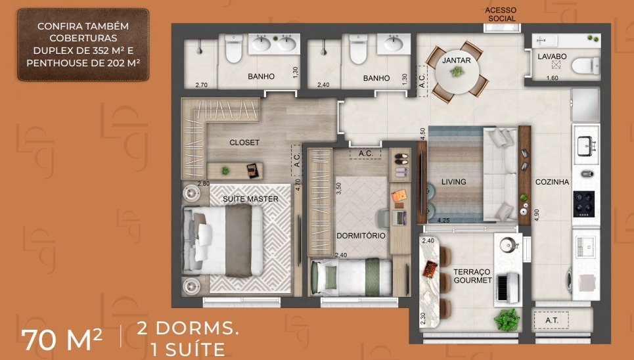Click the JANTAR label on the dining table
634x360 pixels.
tap(457, 60)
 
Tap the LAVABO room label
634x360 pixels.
tap(552, 56)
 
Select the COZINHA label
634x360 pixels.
tap(552, 182)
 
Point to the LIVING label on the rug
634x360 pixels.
tap(454, 182)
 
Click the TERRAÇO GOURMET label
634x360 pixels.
tap(472, 276)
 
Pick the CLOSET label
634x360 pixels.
tap(244, 143)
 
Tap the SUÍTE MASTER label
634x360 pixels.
tap(251, 199)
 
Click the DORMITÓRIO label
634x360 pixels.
tap(361, 235)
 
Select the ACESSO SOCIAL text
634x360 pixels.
tap(501, 14)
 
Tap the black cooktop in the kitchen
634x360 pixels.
tap(583, 204)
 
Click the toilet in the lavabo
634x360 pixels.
tap(585, 66)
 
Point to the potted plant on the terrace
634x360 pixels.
tap(507, 320)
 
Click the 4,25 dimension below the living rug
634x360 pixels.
tap(443, 221)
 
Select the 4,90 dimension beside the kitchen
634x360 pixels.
tap(537, 215)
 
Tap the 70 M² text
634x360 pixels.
tap(62, 340)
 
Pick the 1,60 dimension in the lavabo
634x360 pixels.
tap(552, 78)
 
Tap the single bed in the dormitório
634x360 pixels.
tap(351, 277)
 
